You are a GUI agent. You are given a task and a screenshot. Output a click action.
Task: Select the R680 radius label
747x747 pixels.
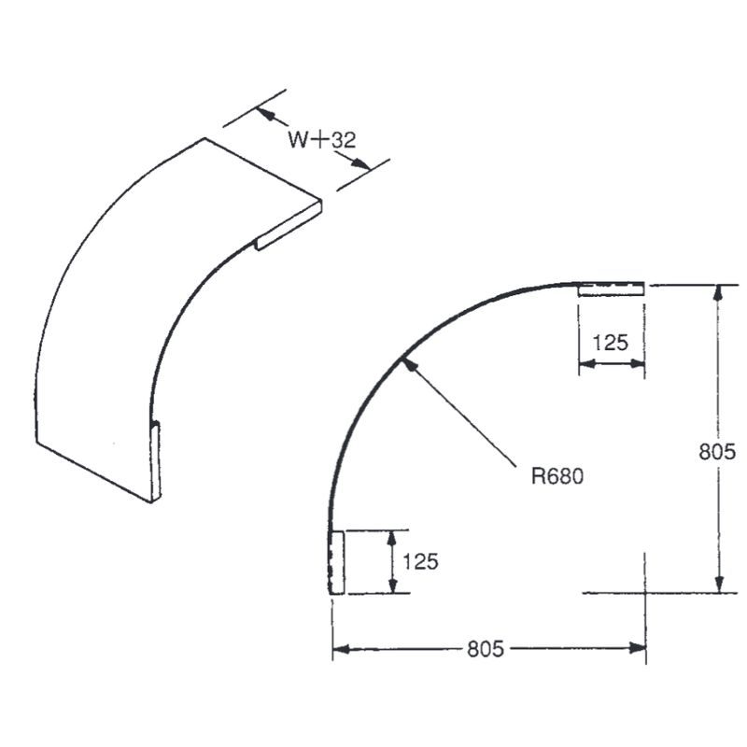557,475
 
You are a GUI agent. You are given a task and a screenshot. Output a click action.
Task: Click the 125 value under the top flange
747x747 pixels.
611,342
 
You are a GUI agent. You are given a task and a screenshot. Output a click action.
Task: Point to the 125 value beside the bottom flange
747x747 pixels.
421,561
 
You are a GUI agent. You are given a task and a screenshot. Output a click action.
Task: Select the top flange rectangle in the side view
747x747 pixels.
611,289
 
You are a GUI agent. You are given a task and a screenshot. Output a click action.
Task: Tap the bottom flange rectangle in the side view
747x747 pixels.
337,561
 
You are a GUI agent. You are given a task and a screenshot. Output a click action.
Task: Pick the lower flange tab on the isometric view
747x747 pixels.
156,461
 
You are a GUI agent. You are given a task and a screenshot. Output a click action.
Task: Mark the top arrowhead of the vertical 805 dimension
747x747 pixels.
718,290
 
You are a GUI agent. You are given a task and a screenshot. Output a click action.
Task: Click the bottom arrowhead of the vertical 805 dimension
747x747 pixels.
718,585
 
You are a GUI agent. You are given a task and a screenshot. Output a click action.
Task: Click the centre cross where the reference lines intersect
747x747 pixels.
645,593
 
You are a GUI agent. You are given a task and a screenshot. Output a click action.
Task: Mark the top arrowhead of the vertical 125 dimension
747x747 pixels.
393,536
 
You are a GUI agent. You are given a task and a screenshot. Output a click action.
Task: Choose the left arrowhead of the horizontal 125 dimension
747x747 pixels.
585,362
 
